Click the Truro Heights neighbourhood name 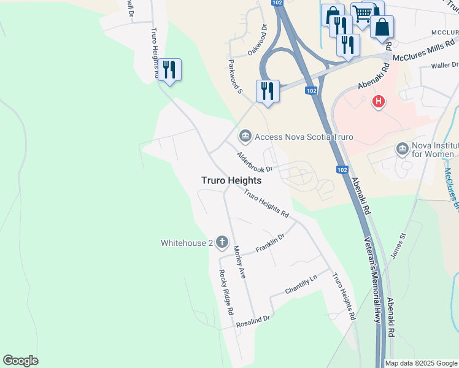coord(231,181)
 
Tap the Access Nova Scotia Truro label coord(304,137)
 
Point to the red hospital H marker coord(379,101)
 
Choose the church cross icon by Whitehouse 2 coord(221,242)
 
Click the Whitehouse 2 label coord(187,243)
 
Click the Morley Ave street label coord(239,263)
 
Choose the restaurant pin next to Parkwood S coord(268,91)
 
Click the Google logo coord(20,361)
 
